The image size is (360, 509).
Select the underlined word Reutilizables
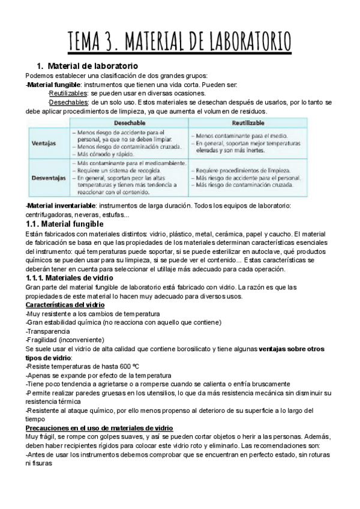pyautogui.click(x=68, y=93)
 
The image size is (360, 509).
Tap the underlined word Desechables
pyautogui.click(x=67, y=102)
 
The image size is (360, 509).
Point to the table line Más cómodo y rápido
pyautogui.click(x=107, y=153)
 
